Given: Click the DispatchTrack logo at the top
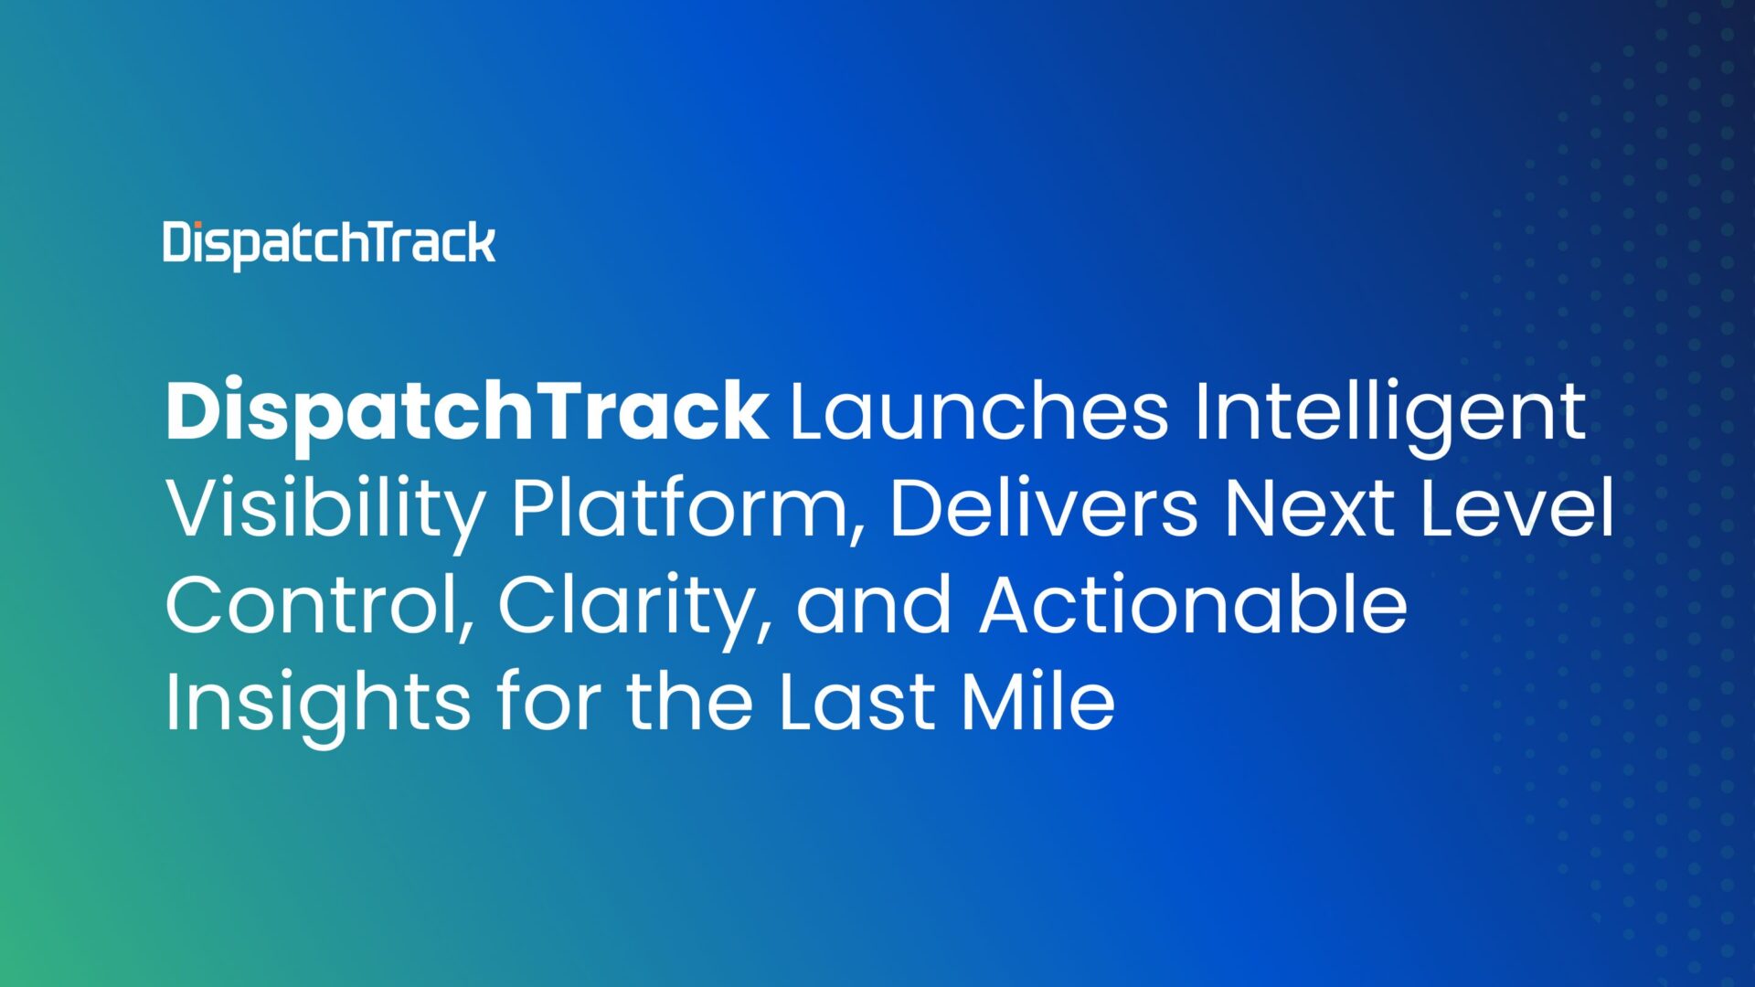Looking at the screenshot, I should [x=329, y=243].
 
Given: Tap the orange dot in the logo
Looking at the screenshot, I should [x=194, y=225].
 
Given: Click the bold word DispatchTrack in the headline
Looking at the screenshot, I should [x=466, y=413].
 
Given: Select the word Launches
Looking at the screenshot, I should [x=978, y=411].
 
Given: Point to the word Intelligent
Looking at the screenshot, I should [x=1389, y=413].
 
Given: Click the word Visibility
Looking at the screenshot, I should [x=325, y=510].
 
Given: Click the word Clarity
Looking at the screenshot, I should [x=631, y=607].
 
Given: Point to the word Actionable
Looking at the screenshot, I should [x=1193, y=605].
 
